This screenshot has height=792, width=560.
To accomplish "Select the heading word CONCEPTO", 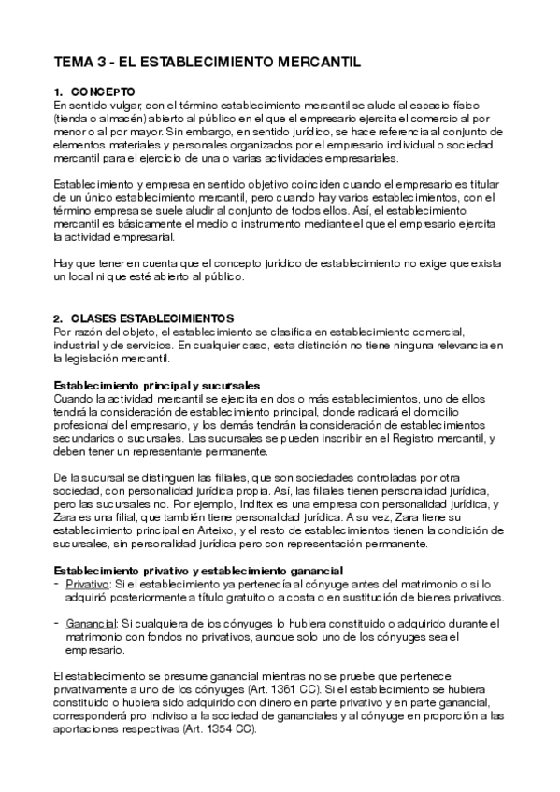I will [103, 92].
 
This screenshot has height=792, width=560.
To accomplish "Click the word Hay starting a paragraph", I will [64, 264].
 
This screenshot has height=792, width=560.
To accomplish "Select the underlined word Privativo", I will [87, 584].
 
